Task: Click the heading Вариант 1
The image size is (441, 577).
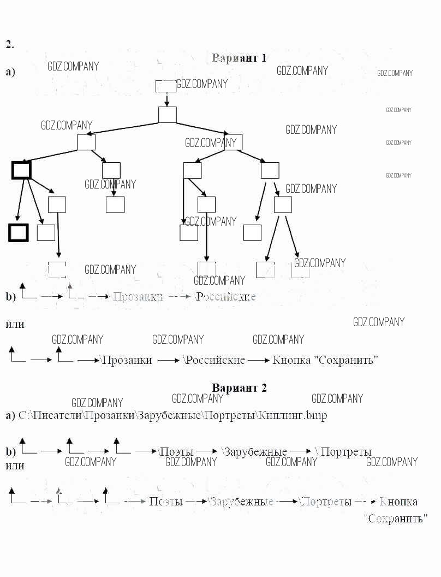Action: pyautogui.click(x=239, y=58)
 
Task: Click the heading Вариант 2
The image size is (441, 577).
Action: pyautogui.click(x=239, y=388)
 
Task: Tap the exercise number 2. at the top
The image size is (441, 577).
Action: pyautogui.click(x=9, y=44)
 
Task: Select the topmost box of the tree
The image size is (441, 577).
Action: pyautogui.click(x=166, y=86)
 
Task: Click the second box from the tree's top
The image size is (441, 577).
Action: pyautogui.click(x=168, y=115)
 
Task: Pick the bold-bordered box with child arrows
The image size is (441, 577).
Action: pyautogui.click(x=21, y=170)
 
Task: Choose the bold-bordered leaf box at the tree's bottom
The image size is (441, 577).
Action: pyautogui.click(x=18, y=233)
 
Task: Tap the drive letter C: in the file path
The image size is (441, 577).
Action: pyautogui.click(x=24, y=416)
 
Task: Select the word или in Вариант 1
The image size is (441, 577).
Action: pyautogui.click(x=15, y=324)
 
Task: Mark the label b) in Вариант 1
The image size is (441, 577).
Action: pyautogui.click(x=11, y=297)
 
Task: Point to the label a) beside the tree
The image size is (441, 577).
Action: pyautogui.click(x=10, y=72)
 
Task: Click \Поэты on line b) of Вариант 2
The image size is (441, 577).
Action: pyautogui.click(x=176, y=452)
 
